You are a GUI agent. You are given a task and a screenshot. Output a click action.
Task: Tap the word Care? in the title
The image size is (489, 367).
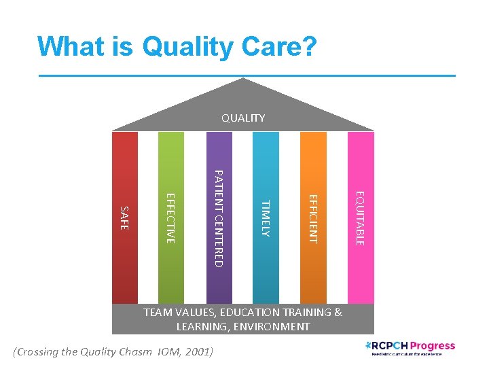tap(280, 46)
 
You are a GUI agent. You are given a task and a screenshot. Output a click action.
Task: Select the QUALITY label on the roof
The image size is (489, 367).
tap(243, 118)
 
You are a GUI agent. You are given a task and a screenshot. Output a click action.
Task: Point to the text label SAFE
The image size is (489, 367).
tap(124, 217)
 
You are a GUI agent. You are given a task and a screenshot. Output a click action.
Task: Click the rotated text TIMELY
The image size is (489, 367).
tap(266, 218)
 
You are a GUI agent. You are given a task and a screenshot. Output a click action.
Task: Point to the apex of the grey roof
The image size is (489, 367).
tap(243, 80)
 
